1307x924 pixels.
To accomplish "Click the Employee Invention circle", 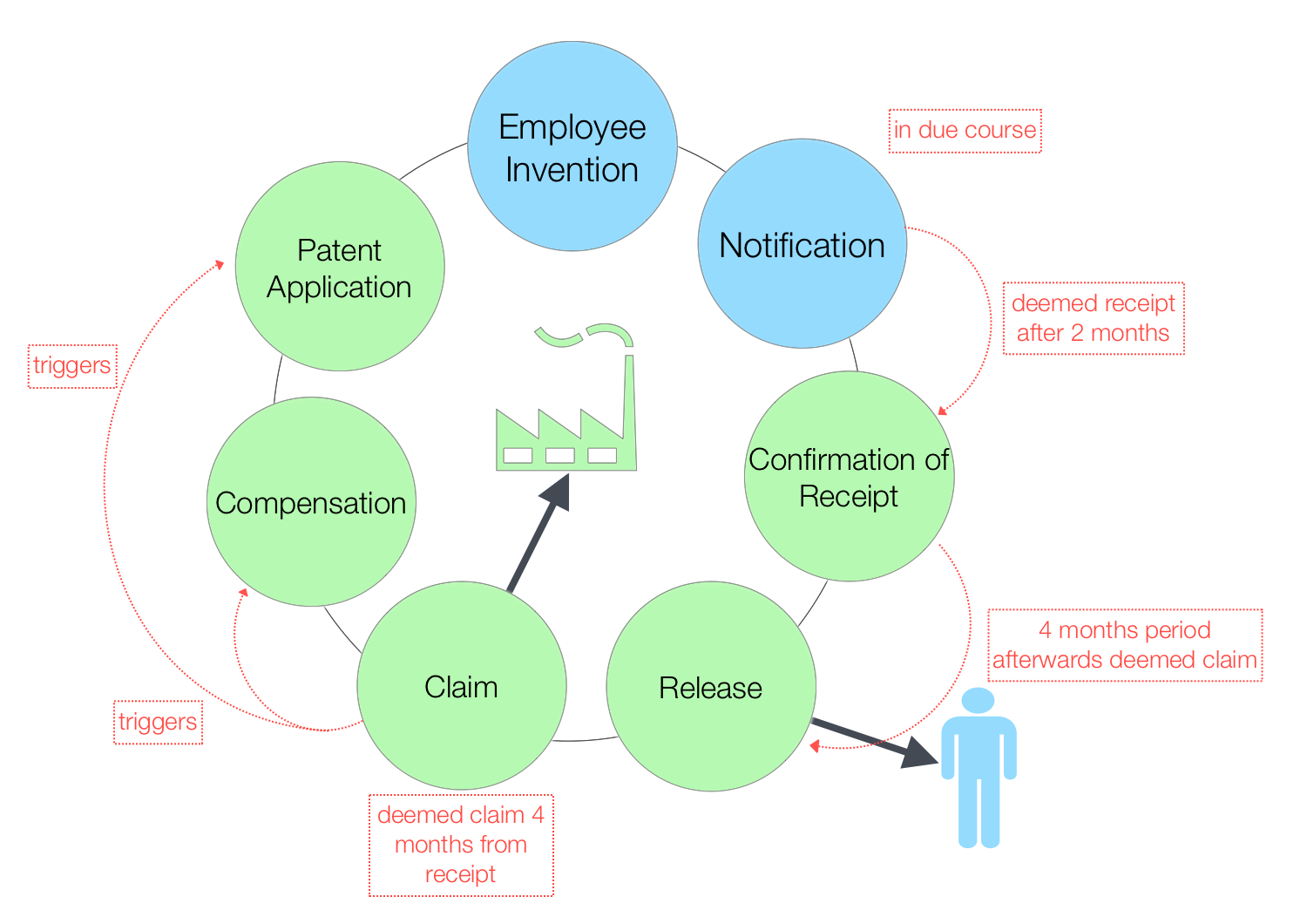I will click(572, 147).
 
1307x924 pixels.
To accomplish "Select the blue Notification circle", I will click(802, 245).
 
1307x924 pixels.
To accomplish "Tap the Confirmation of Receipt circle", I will click(849, 477).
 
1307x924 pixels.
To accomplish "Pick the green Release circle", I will click(710, 688).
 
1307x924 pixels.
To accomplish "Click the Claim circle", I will click(461, 687).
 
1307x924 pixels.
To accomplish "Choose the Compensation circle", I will click(311, 503).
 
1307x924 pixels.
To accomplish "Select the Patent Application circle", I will click(340, 268).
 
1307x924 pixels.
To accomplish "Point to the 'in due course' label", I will click(965, 131).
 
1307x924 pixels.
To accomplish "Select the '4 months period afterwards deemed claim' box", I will click(1125, 645).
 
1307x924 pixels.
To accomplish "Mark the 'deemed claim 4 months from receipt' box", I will click(461, 845).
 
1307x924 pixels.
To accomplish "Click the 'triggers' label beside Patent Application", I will click(72, 365).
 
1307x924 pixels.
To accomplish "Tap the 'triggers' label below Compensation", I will click(158, 723).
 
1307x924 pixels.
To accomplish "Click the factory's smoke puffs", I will click(585, 336).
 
